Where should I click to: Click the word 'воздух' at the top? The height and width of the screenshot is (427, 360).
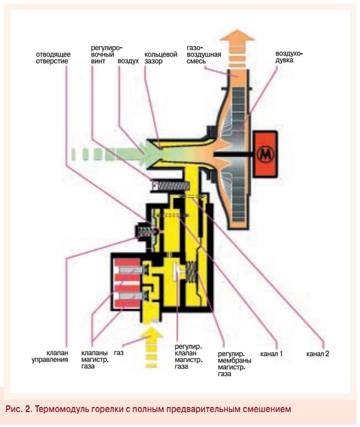click(128, 61)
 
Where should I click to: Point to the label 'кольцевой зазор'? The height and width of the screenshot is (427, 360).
click(161, 58)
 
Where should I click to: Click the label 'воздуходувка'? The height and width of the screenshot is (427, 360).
click(290, 58)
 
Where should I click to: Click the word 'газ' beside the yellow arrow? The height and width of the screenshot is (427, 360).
click(118, 353)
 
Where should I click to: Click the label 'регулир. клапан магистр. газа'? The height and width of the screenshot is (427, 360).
click(187, 356)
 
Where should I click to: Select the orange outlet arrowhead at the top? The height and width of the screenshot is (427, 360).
click(240, 41)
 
